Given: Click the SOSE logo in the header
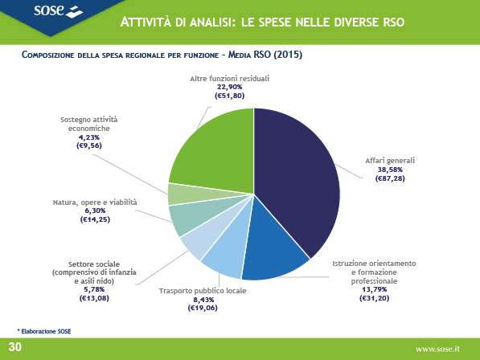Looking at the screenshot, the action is point(58,11).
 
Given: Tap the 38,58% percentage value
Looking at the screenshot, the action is point(390,170).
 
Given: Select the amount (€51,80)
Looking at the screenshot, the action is point(230,96).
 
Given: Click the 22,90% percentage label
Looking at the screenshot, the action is point(230,87).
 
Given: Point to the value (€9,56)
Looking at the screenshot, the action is point(89,145).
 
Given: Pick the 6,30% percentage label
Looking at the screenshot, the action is point(95,211).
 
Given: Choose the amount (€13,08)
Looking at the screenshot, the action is point(94,298).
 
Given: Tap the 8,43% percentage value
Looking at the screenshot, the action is point(203,300).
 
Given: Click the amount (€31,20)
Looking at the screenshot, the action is point(374,298).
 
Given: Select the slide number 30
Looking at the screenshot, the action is point(15,347).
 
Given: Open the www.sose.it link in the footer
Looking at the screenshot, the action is point(437,349).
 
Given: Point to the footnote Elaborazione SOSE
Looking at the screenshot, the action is point(44,331).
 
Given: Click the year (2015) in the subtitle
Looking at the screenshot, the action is point(288,55).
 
